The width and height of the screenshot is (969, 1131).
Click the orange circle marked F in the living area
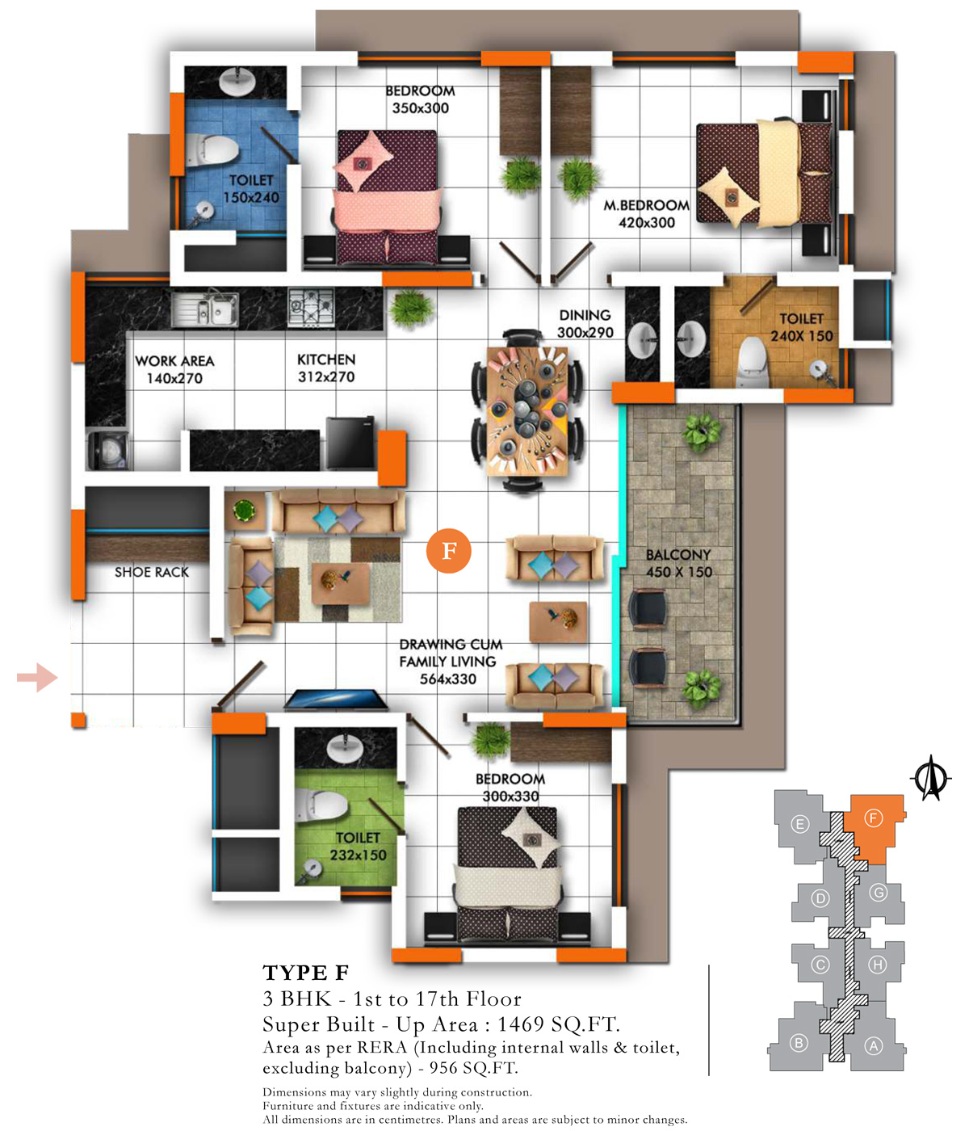[x=448, y=550]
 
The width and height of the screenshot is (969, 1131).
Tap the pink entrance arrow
[x=37, y=678]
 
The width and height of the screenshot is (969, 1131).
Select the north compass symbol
[x=930, y=777]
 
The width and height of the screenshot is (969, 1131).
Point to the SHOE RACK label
[x=152, y=572]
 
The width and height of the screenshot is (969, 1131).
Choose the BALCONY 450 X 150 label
[x=678, y=563]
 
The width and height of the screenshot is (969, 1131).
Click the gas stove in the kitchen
[x=311, y=308]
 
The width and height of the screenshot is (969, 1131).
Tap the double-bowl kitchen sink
[x=204, y=309]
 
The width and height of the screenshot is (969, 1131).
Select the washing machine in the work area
[x=108, y=450]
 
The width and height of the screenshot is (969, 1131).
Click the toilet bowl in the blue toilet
[x=212, y=149]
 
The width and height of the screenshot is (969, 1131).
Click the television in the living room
[x=335, y=700]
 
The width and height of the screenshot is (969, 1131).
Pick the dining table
[x=527, y=411]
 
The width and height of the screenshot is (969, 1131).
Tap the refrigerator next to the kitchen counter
[x=350, y=443]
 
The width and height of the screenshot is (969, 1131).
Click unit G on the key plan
[x=879, y=893]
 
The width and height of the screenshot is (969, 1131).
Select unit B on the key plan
[x=799, y=1043]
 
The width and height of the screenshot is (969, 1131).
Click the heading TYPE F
[x=305, y=973]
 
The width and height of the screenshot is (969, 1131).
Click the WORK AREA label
[x=174, y=360]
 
